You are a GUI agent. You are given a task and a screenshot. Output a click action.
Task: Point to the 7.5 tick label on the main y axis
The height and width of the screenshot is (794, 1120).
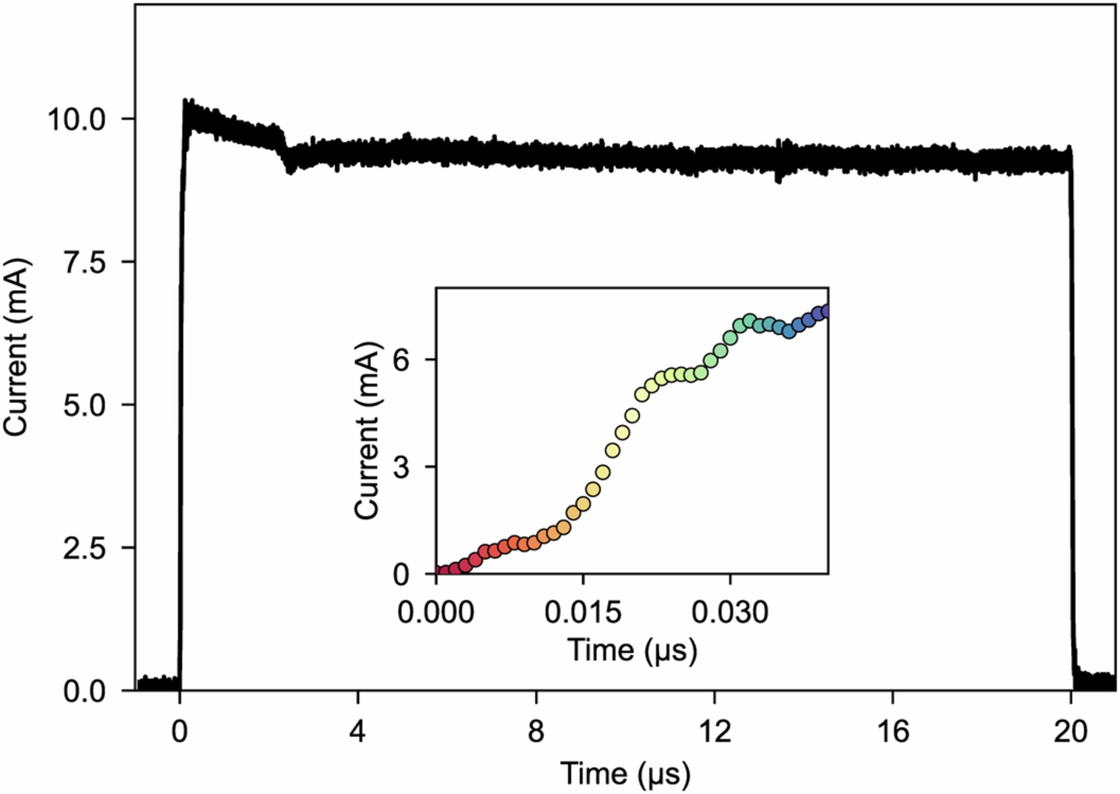point(85,263)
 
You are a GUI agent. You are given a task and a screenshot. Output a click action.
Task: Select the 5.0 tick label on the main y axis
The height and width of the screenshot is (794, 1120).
point(85,405)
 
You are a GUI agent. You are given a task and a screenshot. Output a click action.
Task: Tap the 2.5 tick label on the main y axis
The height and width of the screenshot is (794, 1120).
point(85,548)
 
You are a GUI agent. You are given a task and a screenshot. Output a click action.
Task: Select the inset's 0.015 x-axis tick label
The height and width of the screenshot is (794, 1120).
point(583,612)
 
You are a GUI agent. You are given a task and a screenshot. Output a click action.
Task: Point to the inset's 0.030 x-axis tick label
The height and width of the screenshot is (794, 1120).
point(730,612)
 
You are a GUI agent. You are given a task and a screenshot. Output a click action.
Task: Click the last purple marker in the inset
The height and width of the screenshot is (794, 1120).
point(826,311)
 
